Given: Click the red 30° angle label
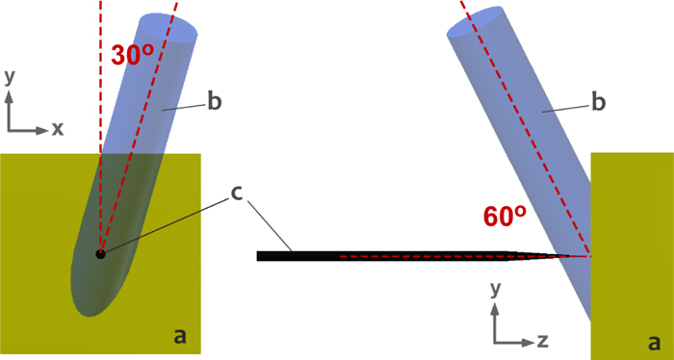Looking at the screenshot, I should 133,55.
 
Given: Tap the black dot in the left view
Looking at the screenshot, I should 100,254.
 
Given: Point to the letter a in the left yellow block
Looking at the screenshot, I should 179,335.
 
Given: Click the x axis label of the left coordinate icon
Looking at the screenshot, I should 58,128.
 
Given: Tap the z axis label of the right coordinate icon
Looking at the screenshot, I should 542,340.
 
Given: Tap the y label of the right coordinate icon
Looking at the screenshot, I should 494,288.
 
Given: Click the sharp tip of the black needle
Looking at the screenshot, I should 588,257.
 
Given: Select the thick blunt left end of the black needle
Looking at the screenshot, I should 260,256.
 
